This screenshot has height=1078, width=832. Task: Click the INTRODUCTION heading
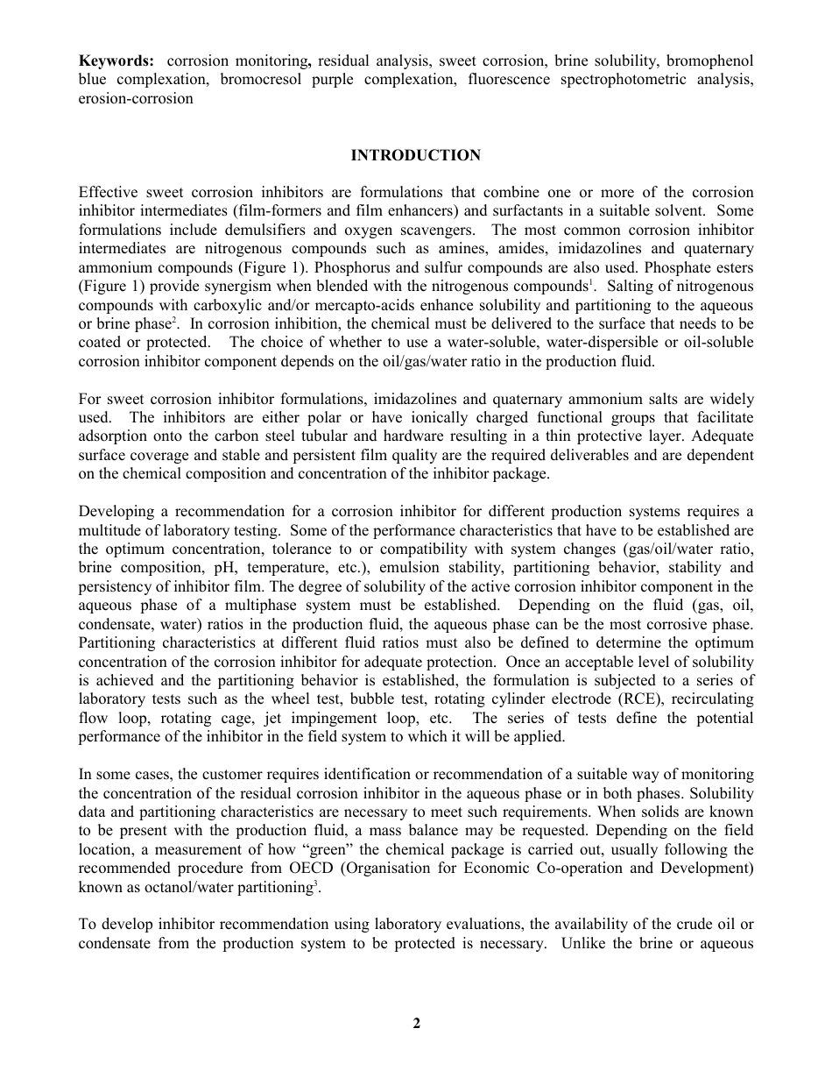(415, 155)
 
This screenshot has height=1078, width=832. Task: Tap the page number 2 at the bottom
(416, 1023)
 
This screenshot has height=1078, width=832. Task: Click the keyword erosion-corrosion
(136, 98)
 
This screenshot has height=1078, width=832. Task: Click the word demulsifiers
(271, 230)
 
